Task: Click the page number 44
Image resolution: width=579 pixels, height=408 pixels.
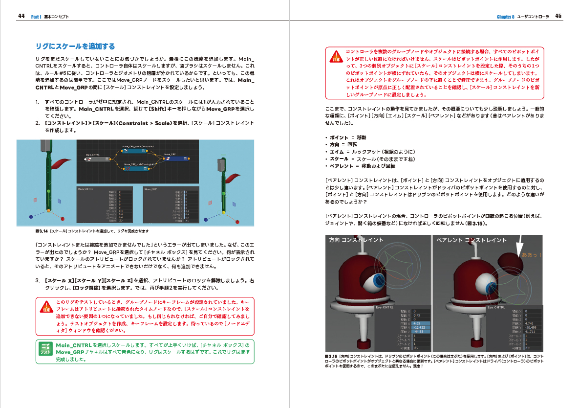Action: pos(21,16)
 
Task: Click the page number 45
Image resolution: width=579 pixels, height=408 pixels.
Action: pos(558,16)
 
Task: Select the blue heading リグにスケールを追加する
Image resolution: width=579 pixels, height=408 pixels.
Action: pos(75,46)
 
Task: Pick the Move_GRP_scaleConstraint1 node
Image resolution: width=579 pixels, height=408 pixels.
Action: pos(139,167)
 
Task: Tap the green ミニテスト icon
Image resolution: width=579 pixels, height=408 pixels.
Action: pos(45,348)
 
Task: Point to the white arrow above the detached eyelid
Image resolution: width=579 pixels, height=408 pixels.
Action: pos(519,245)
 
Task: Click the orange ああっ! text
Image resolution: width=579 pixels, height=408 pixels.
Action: pos(532,255)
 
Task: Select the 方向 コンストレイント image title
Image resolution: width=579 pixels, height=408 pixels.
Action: pos(356,240)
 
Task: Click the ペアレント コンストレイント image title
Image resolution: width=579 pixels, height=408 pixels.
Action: pos(471,240)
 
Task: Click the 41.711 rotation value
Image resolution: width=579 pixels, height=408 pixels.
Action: pos(530,331)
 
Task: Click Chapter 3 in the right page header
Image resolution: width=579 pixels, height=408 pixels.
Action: pos(505,17)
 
